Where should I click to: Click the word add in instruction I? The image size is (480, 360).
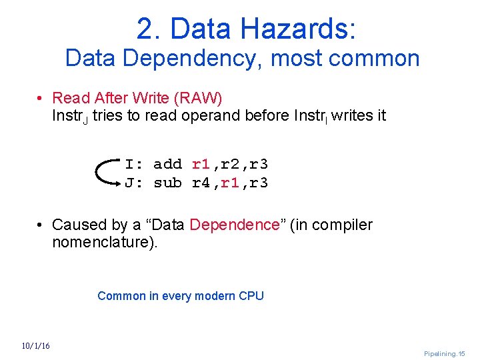167,164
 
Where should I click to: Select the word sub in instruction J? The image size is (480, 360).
167,183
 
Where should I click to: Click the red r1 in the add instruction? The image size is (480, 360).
201,164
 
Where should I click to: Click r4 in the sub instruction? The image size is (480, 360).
201,183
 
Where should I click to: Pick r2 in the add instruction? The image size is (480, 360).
229,164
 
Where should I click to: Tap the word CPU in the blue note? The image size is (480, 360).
251,296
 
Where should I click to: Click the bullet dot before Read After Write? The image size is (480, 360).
41,99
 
